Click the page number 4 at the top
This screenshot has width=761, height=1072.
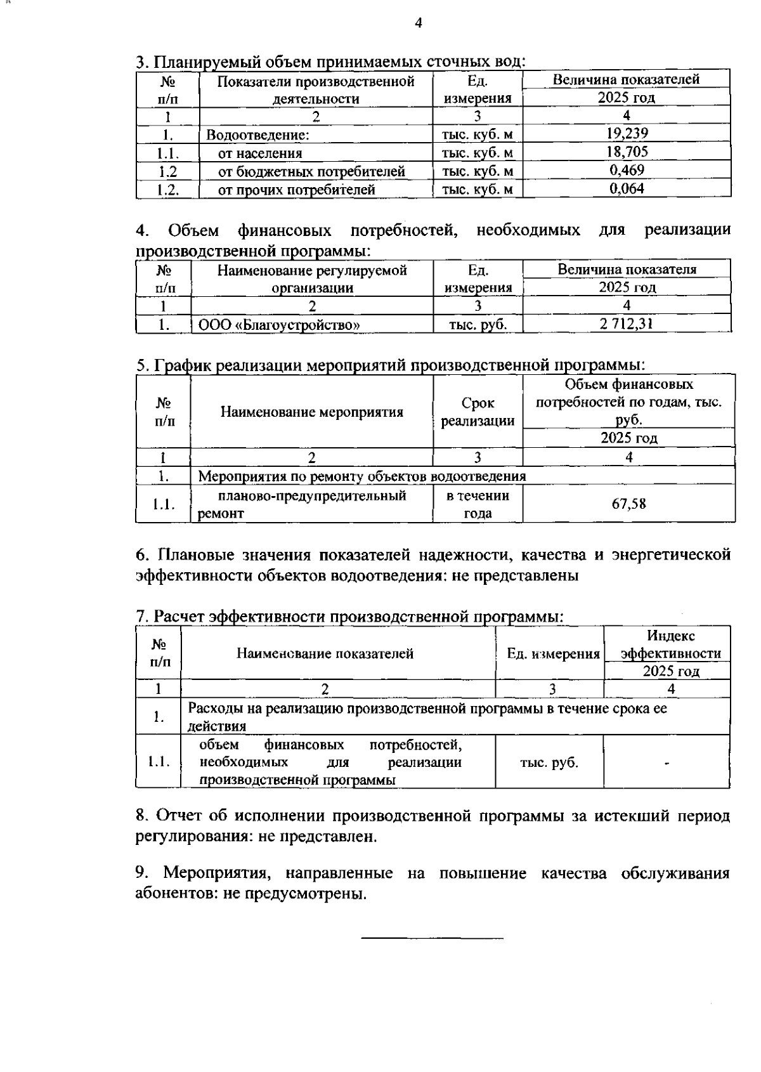click(418, 23)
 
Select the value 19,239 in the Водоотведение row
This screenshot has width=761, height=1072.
click(627, 133)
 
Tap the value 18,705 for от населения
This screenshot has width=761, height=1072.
click(627, 152)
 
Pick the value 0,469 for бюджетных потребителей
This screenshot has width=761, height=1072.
click(627, 170)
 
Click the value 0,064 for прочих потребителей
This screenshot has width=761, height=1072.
click(627, 188)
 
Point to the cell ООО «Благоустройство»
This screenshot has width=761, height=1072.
click(280, 325)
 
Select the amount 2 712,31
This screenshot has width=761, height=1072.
click(627, 324)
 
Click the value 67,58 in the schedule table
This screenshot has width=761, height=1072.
click(628, 504)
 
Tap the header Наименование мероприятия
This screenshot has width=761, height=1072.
click(311, 412)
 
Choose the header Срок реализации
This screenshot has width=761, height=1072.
click(478, 412)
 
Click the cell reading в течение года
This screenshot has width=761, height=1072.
click(478, 504)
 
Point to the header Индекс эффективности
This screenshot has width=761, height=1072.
click(671, 644)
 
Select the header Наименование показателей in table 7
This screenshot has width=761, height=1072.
click(325, 653)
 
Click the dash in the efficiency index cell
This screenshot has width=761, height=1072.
click(667, 763)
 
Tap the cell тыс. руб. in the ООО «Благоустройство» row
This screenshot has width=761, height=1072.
click(478, 325)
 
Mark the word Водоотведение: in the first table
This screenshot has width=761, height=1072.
click(257, 134)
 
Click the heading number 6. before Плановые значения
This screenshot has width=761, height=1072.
click(143, 555)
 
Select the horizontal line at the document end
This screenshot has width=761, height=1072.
click(432, 938)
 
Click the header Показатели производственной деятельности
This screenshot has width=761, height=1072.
click(316, 89)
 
